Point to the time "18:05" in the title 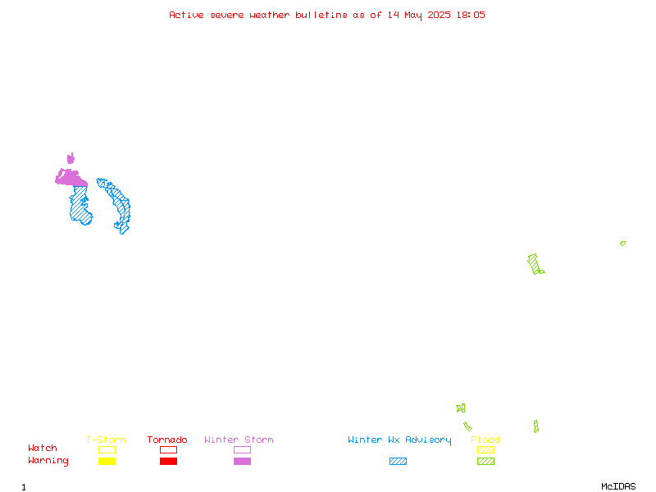coord(471,15)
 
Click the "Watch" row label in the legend coord(43,448)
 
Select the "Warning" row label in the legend coord(48,461)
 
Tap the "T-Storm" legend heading coord(106,440)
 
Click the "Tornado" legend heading coord(167,440)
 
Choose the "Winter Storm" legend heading coord(239,440)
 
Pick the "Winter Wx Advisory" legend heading coord(399,440)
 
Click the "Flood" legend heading coord(485,440)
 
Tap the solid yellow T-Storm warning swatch coord(107,462)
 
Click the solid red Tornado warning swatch coord(169,462)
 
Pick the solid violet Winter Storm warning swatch coord(242,462)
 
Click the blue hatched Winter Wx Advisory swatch coord(398,462)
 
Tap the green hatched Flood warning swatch coord(485,462)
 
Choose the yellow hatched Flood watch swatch coord(485,449)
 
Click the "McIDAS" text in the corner coord(618,486)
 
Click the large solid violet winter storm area coord(72,179)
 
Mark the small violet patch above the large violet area coord(71,158)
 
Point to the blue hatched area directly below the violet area coord(80,206)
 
